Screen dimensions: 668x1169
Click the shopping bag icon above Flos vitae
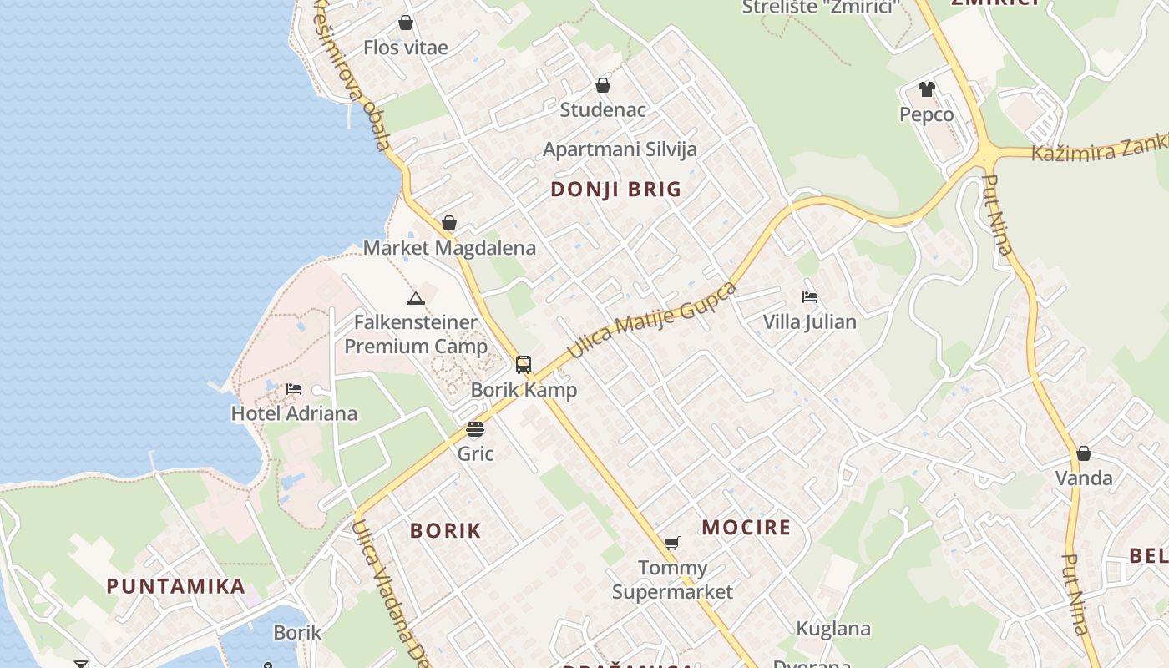pyautogui.click(x=406, y=23)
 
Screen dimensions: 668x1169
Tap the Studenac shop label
pyautogui.click(x=603, y=109)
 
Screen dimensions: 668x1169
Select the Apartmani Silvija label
pyautogui.click(x=620, y=149)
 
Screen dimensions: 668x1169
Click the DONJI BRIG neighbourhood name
pyautogui.click(x=616, y=190)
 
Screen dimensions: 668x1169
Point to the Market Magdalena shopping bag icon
pyautogui.click(x=449, y=223)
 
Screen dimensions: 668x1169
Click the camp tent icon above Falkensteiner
pyautogui.click(x=416, y=298)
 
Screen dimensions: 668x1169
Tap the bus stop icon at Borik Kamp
pyautogui.click(x=524, y=365)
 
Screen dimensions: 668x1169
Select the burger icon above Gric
pyautogui.click(x=475, y=429)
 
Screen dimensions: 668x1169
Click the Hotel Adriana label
pyautogui.click(x=294, y=413)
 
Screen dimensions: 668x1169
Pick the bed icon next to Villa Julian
pyautogui.click(x=809, y=297)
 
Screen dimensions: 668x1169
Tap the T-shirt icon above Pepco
pyautogui.click(x=926, y=89)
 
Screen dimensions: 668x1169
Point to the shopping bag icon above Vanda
pyautogui.click(x=1084, y=453)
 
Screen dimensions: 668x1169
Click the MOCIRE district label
pyautogui.click(x=746, y=528)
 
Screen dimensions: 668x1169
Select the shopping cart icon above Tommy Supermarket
pyautogui.click(x=671, y=544)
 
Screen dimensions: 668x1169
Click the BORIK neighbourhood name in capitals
pyautogui.click(x=446, y=530)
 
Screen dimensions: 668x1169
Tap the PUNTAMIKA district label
pyautogui.click(x=175, y=586)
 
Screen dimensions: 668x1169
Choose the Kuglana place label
pyautogui.click(x=833, y=629)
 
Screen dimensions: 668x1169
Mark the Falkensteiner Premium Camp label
pyautogui.click(x=416, y=334)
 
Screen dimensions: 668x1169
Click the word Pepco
pyautogui.click(x=926, y=114)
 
